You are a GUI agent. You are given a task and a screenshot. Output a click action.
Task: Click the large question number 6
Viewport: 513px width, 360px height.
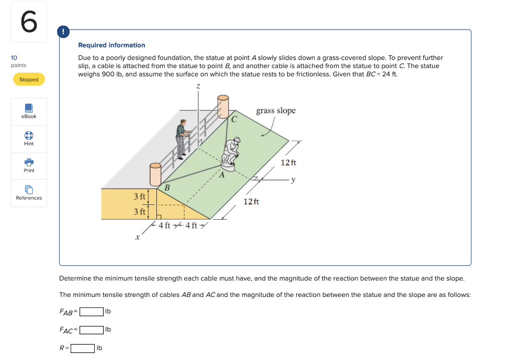click(29, 22)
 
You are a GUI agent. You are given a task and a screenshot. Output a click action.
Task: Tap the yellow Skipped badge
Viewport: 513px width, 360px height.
click(29, 80)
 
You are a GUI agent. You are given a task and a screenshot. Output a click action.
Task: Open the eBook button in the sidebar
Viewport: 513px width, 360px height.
click(29, 111)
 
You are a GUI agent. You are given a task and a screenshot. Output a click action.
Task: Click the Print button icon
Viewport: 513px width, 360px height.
click(29, 162)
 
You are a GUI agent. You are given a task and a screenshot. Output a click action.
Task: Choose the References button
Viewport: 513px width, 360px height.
click(29, 193)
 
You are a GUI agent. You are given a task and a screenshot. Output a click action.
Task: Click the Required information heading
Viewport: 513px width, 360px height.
click(112, 45)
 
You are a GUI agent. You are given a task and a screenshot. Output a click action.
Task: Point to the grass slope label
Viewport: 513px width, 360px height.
click(276, 111)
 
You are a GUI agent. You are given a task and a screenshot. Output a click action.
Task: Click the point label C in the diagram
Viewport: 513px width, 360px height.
click(234, 119)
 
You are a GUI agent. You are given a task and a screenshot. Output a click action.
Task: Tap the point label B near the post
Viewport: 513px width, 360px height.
click(167, 187)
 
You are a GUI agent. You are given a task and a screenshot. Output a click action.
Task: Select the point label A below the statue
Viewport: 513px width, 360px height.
click(219, 175)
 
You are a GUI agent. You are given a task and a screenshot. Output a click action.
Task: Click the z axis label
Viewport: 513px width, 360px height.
click(198, 87)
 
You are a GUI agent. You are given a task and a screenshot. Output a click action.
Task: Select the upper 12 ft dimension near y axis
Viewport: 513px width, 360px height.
click(289, 163)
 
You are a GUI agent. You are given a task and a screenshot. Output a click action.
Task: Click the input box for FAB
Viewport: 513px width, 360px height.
click(92, 311)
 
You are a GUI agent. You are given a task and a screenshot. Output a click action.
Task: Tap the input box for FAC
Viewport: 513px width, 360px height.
click(92, 329)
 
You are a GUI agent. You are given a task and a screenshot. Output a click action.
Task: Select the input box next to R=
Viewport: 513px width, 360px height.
click(83, 348)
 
